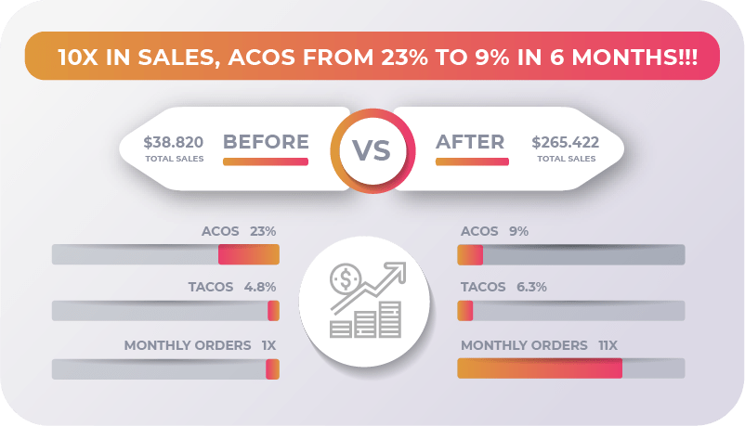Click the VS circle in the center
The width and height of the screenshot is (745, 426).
pyautogui.click(x=372, y=149)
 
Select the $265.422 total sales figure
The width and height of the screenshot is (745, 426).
pyautogui.click(x=565, y=143)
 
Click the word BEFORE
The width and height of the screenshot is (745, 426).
pyautogui.click(x=266, y=142)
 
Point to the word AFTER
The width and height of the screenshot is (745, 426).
pyautogui.click(x=471, y=142)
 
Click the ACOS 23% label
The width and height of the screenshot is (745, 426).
pyautogui.click(x=239, y=231)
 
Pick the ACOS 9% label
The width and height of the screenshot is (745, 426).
pyautogui.click(x=494, y=231)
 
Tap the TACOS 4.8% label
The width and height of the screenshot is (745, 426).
pyautogui.click(x=232, y=287)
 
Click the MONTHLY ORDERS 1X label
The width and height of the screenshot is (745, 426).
pyautogui.click(x=201, y=345)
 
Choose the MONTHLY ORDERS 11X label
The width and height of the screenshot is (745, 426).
pyautogui.click(x=539, y=345)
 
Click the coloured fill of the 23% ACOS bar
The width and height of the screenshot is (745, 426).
pyautogui.click(x=248, y=254)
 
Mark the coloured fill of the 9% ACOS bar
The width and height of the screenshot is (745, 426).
pyautogui.click(x=470, y=254)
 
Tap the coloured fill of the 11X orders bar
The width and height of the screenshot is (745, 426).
pyautogui.click(x=539, y=368)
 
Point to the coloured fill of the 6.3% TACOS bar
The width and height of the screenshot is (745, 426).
pyautogui.click(x=465, y=310)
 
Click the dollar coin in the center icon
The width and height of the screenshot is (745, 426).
pyautogui.click(x=346, y=278)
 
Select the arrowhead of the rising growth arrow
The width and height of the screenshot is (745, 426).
pyautogui.click(x=400, y=270)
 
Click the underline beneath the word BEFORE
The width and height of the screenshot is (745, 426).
pyautogui.click(x=266, y=161)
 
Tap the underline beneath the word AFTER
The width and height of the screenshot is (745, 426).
pyautogui.click(x=472, y=161)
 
